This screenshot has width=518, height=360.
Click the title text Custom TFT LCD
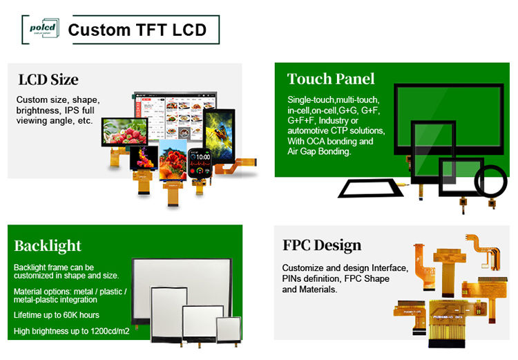(x=137, y=30)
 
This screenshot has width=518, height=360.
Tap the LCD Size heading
(x=48, y=79)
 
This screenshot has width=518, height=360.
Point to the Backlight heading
(x=48, y=245)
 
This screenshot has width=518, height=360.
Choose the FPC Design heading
(x=321, y=245)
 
